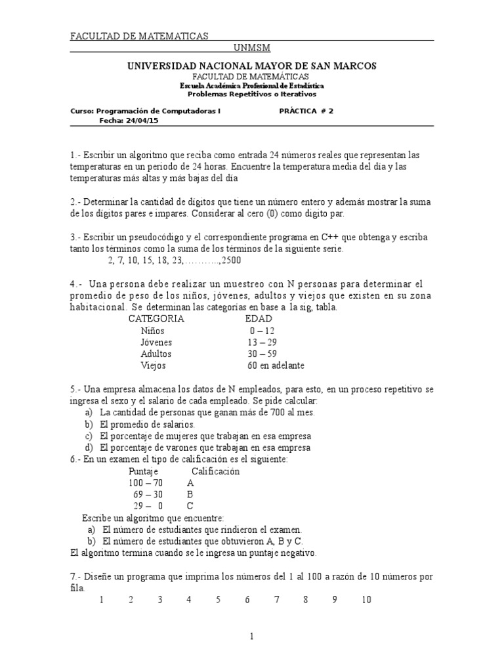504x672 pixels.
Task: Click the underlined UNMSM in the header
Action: (x=252, y=48)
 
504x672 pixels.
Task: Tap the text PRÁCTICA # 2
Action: (x=306, y=111)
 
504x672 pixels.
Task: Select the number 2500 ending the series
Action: (x=230, y=261)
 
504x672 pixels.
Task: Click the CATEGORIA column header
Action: (x=156, y=318)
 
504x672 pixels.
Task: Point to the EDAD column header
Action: (x=258, y=318)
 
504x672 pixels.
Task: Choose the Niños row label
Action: (x=152, y=331)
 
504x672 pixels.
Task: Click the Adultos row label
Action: (x=156, y=354)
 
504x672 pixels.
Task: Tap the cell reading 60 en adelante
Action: (x=276, y=366)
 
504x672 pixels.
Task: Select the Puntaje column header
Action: (x=144, y=471)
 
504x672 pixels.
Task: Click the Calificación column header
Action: (x=215, y=471)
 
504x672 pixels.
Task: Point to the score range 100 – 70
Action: (x=146, y=482)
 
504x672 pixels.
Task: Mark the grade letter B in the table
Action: (x=190, y=494)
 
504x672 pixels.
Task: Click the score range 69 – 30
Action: (x=148, y=494)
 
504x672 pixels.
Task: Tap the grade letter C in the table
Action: (x=190, y=506)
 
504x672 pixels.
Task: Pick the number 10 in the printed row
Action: (x=366, y=599)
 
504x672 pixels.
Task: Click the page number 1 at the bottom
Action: (x=251, y=636)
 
